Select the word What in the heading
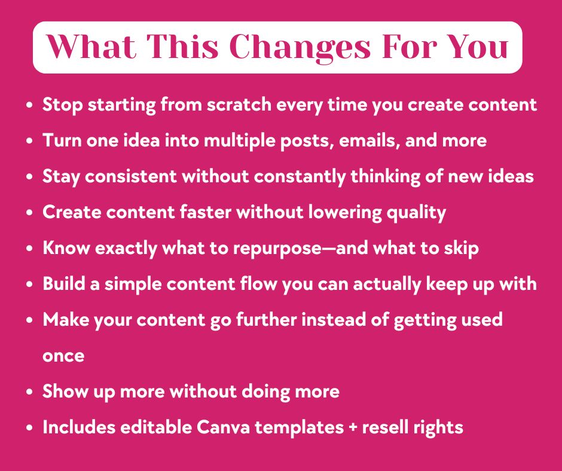(91, 47)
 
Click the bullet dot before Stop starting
(29, 105)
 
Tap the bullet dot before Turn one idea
(29, 141)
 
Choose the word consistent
(131, 176)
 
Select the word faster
(205, 212)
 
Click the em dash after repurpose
(329, 249)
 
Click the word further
(266, 319)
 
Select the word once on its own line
(63, 356)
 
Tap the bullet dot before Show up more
(29, 392)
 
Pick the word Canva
(223, 427)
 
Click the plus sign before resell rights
(353, 428)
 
